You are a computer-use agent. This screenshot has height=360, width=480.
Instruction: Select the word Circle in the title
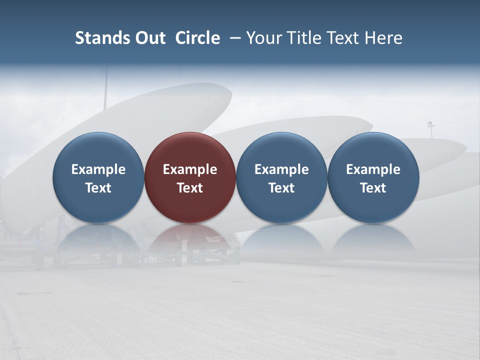197,38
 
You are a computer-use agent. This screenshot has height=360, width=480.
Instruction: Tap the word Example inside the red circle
190,169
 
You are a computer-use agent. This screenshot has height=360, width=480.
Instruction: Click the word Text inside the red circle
190,188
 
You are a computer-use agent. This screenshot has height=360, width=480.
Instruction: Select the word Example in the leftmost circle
98,169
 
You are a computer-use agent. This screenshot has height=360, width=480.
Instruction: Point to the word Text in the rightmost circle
373,188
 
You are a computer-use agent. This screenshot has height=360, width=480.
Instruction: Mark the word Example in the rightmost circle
373,169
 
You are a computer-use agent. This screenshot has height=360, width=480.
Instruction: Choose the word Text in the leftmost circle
98,188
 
